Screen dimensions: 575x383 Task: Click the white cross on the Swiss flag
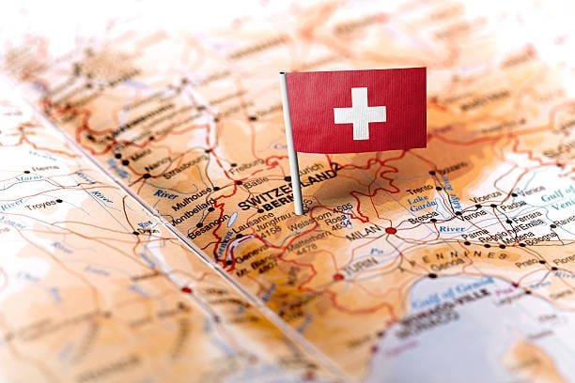click(359, 114)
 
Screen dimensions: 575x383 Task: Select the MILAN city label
click(364, 232)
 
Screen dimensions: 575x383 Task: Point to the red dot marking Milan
click(391, 230)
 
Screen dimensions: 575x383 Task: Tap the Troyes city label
click(40, 203)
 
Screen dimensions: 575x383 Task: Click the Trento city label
click(420, 190)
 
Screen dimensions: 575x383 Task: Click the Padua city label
click(513, 205)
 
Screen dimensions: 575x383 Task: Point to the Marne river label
click(27, 177)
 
